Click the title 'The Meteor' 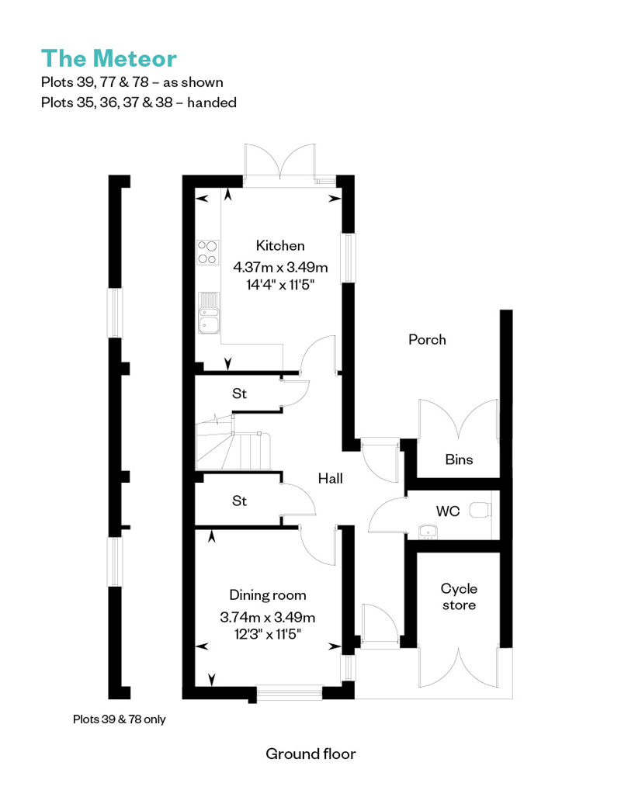tap(109, 58)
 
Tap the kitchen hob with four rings tap(207, 252)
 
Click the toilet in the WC tap(481, 510)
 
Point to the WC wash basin tap(427, 532)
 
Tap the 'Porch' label tap(427, 339)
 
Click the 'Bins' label tap(459, 459)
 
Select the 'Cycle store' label tap(459, 597)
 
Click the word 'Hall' tap(330, 478)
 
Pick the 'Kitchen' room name tap(280, 245)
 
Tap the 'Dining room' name tap(268, 594)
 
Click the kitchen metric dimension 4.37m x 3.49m tap(280, 267)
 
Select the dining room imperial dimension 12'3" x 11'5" tap(267, 634)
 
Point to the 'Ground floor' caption tap(310, 754)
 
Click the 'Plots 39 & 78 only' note tap(119, 719)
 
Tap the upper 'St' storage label tap(240, 393)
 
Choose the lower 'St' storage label tap(240, 501)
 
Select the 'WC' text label tap(448, 511)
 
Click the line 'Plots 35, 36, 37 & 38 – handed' tap(139, 102)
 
